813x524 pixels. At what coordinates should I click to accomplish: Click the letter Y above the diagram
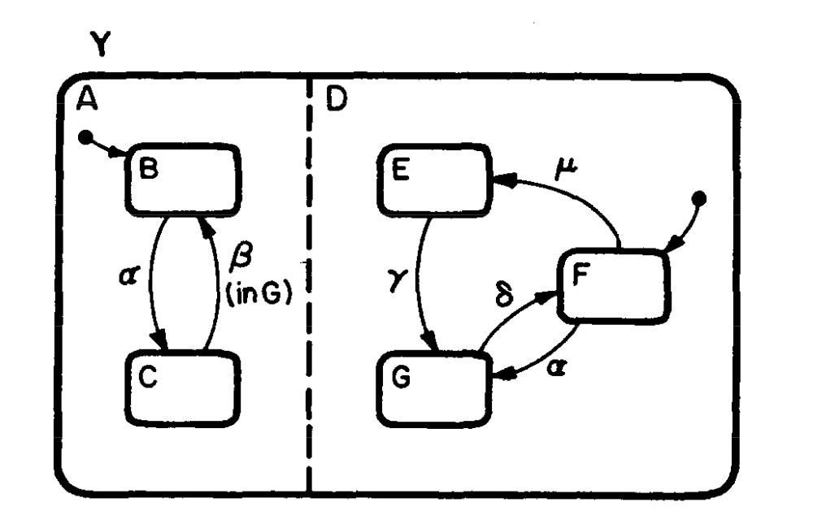pyautogui.click(x=100, y=48)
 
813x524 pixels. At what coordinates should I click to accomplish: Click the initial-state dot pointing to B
pyautogui.click(x=84, y=138)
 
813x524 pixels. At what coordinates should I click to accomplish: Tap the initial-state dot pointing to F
pyautogui.click(x=701, y=197)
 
